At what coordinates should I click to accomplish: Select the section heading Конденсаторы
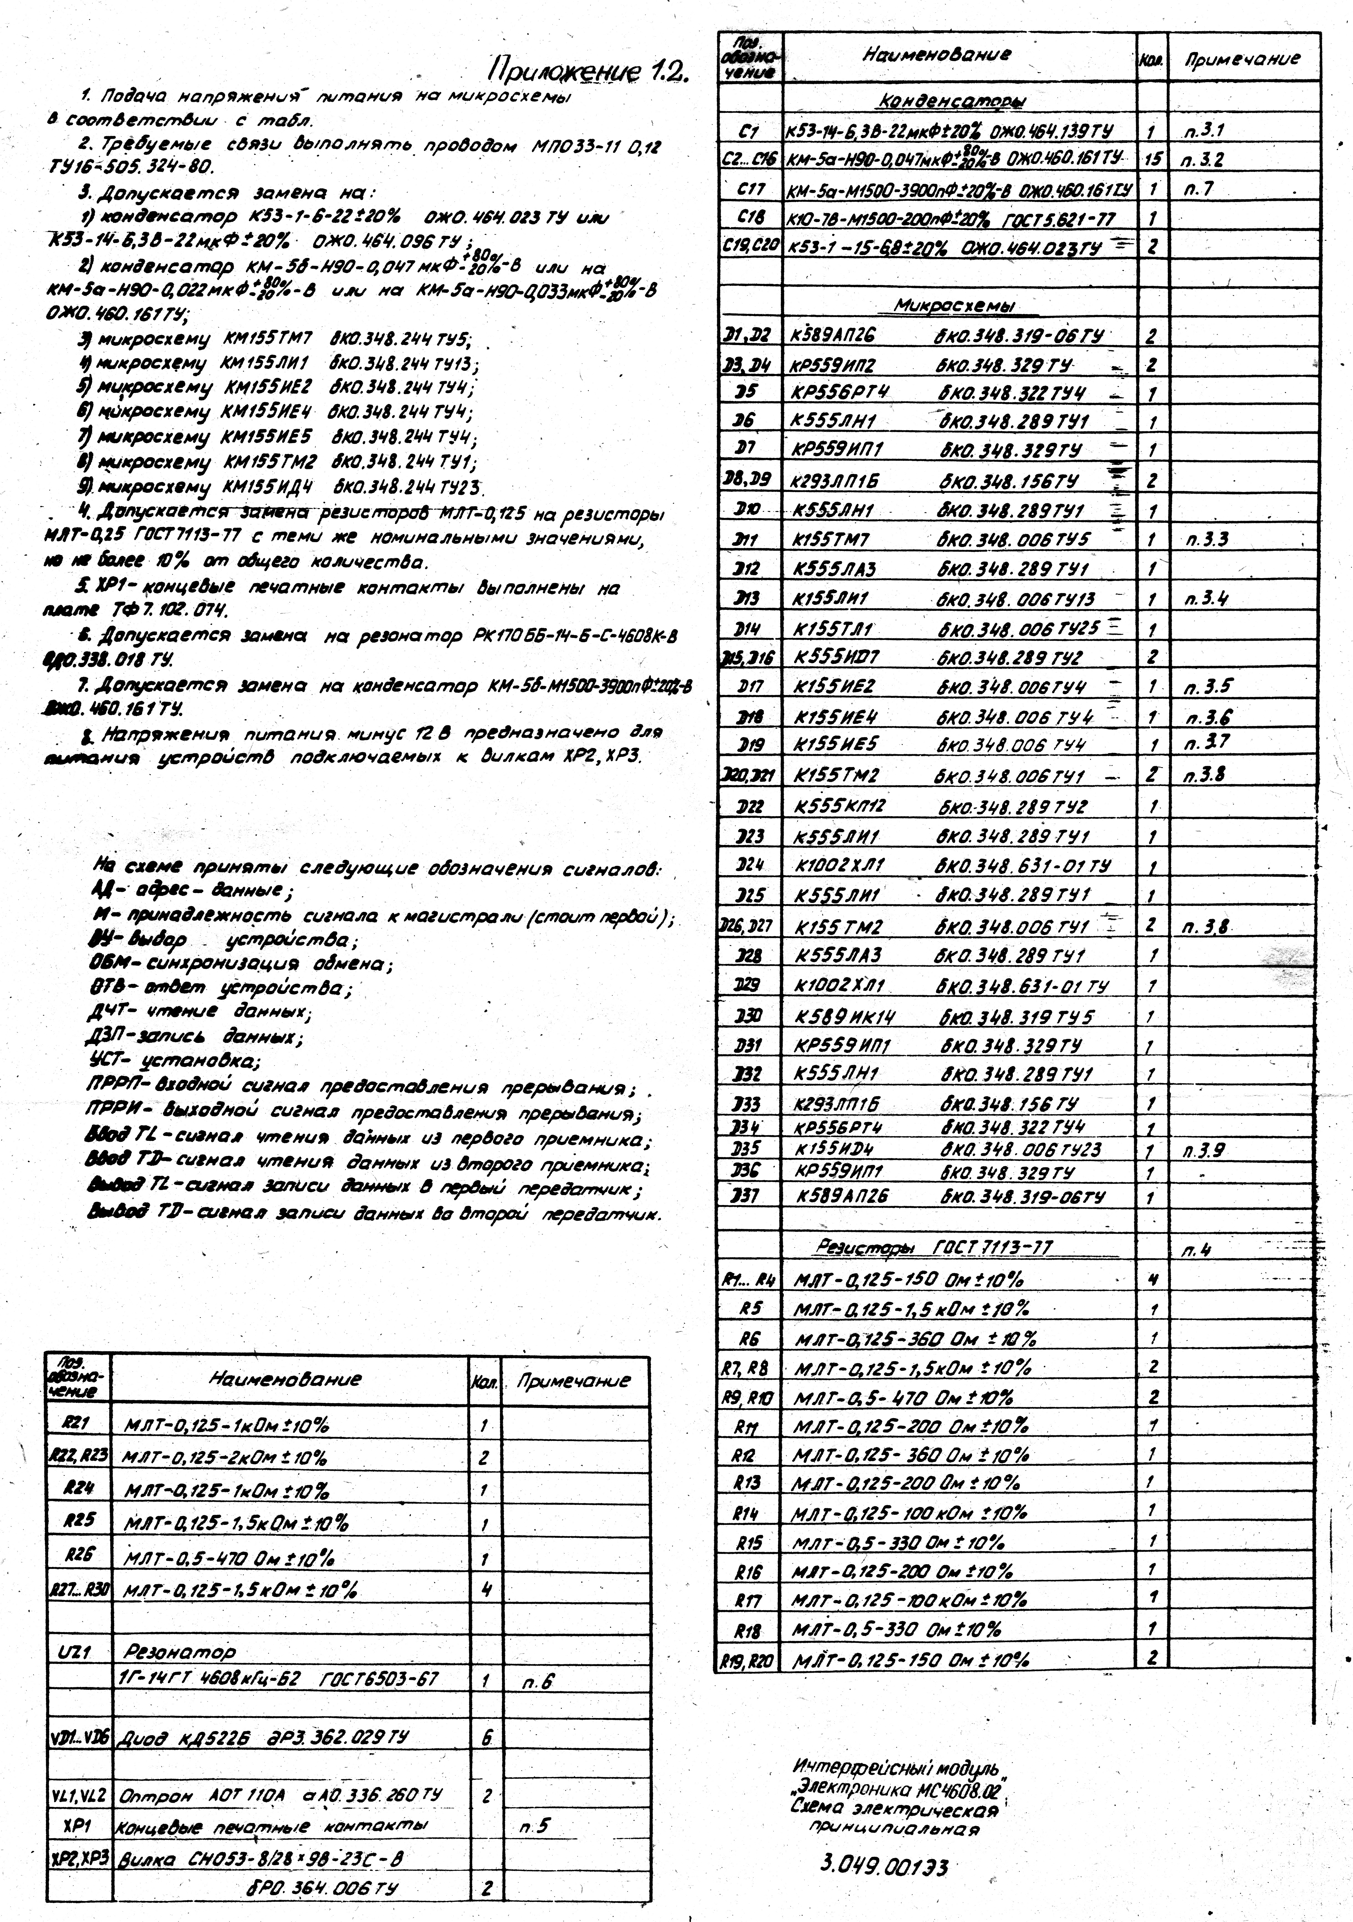[953, 101]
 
